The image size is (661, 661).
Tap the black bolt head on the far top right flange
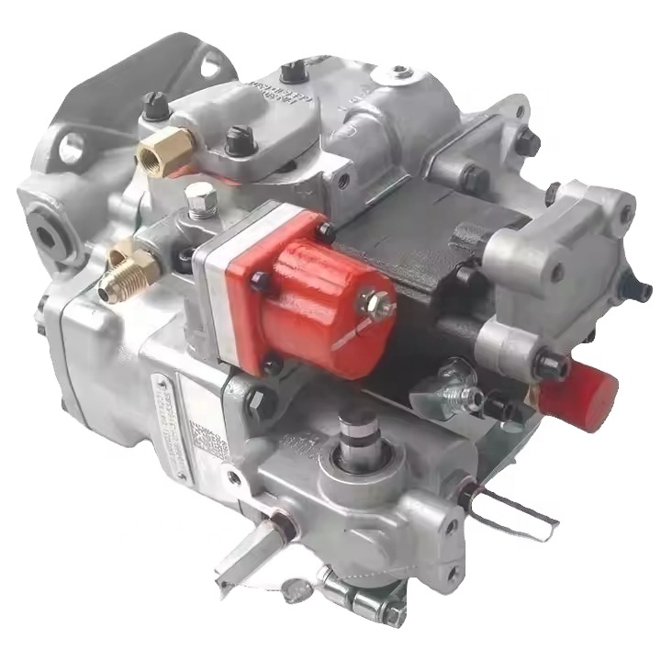coord(525,140)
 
